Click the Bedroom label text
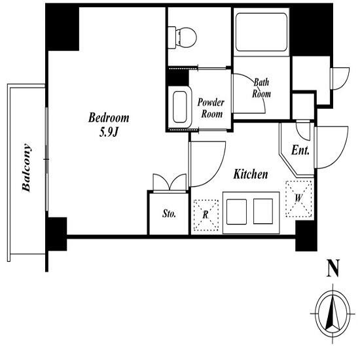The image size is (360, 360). [109, 118]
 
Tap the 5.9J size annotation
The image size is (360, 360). [109, 132]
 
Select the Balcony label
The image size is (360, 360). [26, 168]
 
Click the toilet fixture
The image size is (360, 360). [183, 38]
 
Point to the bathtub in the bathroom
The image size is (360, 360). [261, 32]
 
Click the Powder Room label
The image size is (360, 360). [211, 108]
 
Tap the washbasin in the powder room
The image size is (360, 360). [180, 107]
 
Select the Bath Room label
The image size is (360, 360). [261, 88]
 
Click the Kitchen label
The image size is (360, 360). [251, 174]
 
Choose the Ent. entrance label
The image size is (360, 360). [300, 151]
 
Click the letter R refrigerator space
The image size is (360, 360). [206, 215]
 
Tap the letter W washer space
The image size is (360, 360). [298, 198]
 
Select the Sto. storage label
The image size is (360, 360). [170, 213]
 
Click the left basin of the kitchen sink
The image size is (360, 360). [236, 211]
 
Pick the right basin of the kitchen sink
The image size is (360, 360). [263, 211]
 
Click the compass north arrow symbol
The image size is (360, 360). [333, 314]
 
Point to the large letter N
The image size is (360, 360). [333, 268]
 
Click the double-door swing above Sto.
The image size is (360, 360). [170, 183]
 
